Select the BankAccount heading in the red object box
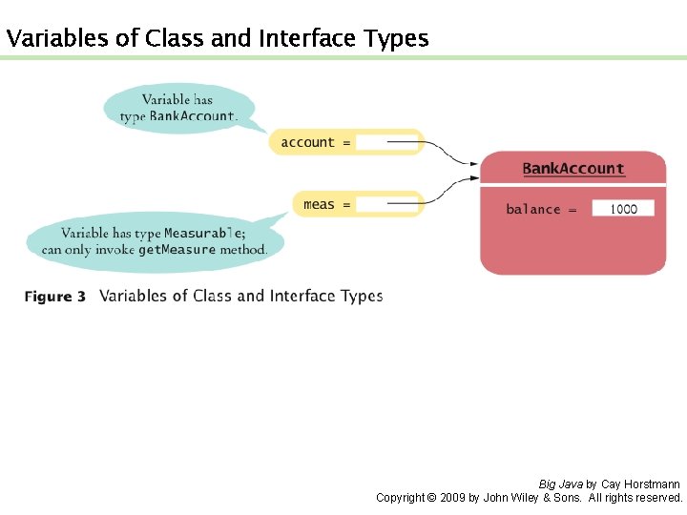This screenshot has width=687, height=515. tap(573, 169)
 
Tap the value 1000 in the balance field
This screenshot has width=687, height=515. tap(623, 209)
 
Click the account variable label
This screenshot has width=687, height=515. tap(307, 143)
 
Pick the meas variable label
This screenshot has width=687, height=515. tap(319, 204)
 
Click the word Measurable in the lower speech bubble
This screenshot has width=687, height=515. tap(202, 234)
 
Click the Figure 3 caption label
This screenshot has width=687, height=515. tap(55, 297)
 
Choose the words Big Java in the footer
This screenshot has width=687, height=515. tap(561, 484)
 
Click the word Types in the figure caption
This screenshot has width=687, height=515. tap(359, 296)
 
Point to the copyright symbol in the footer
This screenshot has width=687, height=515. tap(430, 498)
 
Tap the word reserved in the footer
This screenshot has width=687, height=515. tap(657, 498)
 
